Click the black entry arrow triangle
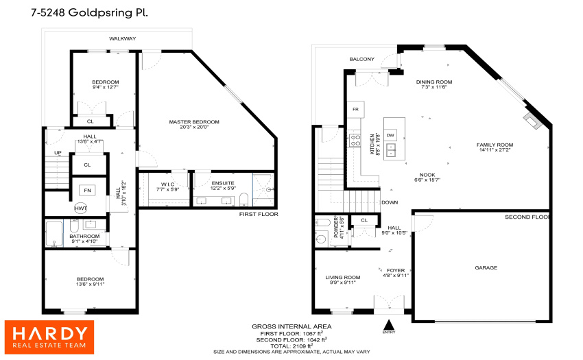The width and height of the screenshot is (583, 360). click(x=389, y=324)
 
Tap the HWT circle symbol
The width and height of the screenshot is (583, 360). click(x=81, y=208)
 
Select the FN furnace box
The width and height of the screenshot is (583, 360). click(x=87, y=191)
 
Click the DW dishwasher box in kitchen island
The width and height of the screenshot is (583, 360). click(x=390, y=135)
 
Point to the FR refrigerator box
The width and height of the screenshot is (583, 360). click(x=355, y=109)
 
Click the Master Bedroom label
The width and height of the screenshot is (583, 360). click(x=194, y=121)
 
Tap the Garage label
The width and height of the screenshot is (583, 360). click(x=486, y=267)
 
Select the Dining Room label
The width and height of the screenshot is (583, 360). click(x=434, y=82)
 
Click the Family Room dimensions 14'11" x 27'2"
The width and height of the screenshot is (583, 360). click(x=495, y=150)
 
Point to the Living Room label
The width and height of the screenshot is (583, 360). click(x=343, y=277)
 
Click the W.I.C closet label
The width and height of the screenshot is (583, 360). click(x=167, y=184)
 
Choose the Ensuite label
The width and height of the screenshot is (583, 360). click(x=223, y=183)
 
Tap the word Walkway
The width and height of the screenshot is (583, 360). click(x=122, y=38)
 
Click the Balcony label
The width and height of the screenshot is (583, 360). click(x=361, y=59)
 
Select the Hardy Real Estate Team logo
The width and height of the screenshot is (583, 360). click(x=49, y=337)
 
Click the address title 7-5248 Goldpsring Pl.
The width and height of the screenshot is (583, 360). click(x=89, y=12)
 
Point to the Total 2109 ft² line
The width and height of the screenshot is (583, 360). click(x=291, y=346)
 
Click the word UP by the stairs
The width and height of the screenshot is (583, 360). click(x=58, y=153)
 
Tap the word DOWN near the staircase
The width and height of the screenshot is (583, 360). click(x=390, y=202)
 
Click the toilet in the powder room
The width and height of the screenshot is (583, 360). click(x=321, y=238)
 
